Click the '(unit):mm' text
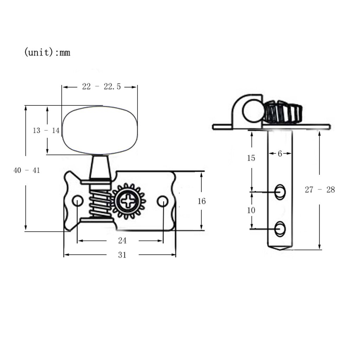[47, 52]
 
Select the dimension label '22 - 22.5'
[101, 86]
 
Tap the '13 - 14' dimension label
[46, 130]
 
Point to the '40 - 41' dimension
[27, 171]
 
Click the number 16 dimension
[201, 201]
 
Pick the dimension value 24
[122, 240]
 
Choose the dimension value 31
[122, 255]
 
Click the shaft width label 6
[279, 154]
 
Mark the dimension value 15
[251, 158]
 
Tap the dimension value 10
[251, 210]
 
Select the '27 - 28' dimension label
[320, 189]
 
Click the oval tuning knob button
[100, 130]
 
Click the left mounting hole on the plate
[78, 201]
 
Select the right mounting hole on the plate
[162, 201]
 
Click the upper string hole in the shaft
[280, 192]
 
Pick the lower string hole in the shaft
[280, 229]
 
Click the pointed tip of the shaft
[280, 250]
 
